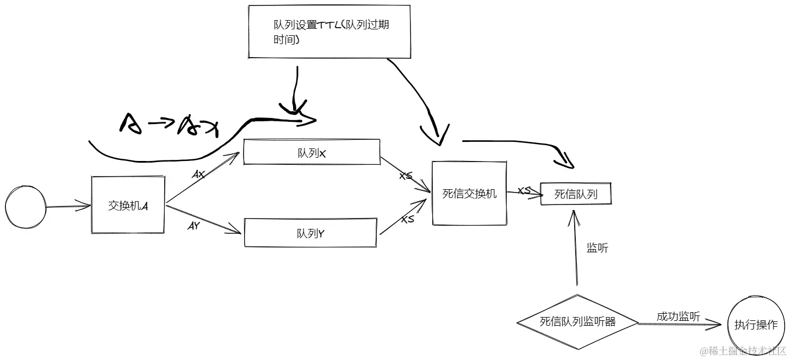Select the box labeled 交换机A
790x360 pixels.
[128, 205]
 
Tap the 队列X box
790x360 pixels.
[312, 152]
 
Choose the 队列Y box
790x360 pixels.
[310, 233]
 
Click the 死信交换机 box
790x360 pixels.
[469, 193]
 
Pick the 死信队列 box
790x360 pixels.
[576, 194]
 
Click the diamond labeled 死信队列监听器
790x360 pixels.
[577, 322]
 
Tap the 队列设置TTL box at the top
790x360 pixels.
[329, 32]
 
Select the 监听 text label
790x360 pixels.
[597, 248]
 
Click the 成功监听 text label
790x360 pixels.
[677, 316]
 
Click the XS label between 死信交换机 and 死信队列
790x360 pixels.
[524, 191]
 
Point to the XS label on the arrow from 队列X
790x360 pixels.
[406, 176]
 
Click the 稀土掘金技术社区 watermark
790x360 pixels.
[743, 351]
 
